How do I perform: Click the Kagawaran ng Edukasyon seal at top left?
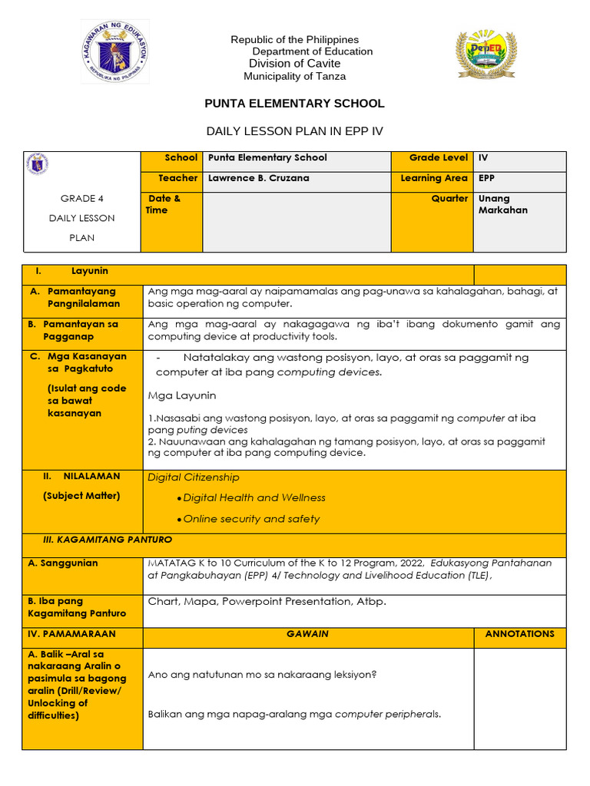pos(114,52)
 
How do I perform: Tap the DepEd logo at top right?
pos(486,54)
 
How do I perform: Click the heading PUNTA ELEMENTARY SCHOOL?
pos(294,104)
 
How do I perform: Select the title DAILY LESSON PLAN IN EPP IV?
pos(294,131)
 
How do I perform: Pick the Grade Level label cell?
pos(438,157)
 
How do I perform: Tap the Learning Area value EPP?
pos(487,178)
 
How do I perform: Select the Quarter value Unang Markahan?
pos(503,204)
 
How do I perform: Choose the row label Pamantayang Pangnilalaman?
pos(83,297)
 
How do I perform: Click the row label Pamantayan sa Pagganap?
pos(83,330)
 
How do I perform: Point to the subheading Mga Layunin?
pos(182,395)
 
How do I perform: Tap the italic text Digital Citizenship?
pos(194,477)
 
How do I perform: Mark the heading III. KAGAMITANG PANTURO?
pos(107,540)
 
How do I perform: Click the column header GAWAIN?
pos(307,634)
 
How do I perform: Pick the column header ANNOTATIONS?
pos(519,634)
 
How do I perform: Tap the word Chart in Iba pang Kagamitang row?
pos(163,602)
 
